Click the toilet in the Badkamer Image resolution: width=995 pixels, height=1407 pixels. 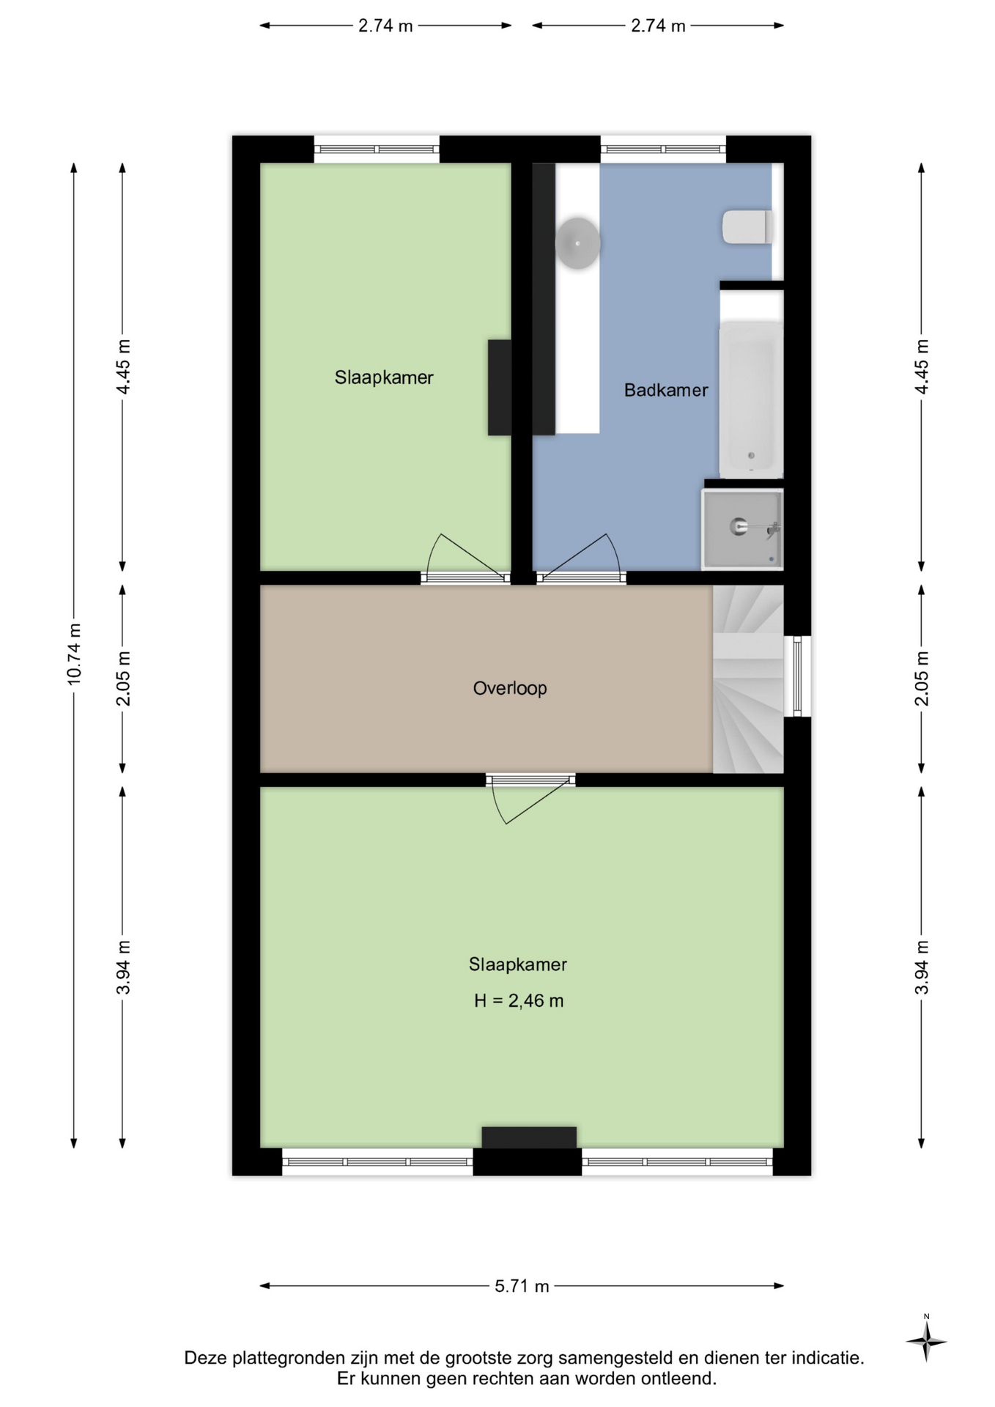pyautogui.click(x=747, y=227)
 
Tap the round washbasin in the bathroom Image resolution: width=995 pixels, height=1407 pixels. pyautogui.click(x=578, y=243)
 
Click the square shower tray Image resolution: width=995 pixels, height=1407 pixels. pyautogui.click(x=742, y=529)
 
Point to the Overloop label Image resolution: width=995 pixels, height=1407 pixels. pyautogui.click(x=510, y=688)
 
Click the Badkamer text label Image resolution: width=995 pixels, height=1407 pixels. pyautogui.click(x=666, y=390)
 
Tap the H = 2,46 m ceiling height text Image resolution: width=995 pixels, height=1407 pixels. pyautogui.click(x=519, y=1000)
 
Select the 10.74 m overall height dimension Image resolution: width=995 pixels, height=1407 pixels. pyautogui.click(x=74, y=654)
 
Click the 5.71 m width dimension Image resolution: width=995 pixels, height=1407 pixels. pyautogui.click(x=522, y=1286)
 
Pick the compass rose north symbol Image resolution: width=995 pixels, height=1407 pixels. pyautogui.click(x=926, y=1341)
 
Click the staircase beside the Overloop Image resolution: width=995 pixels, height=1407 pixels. pyautogui.click(x=748, y=679)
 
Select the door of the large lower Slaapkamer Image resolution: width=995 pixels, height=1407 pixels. pyautogui.click(x=530, y=798)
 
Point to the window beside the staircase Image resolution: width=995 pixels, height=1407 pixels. pyautogui.click(x=797, y=676)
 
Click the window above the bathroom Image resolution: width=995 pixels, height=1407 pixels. pyautogui.click(x=663, y=149)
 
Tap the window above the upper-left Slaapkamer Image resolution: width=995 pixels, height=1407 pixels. pyautogui.click(x=377, y=149)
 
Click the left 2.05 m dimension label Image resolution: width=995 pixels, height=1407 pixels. pyautogui.click(x=123, y=679)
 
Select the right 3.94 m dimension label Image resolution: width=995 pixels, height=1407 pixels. pyautogui.click(x=922, y=967)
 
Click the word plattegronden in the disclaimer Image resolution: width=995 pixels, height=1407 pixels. pyautogui.click(x=288, y=1358)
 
